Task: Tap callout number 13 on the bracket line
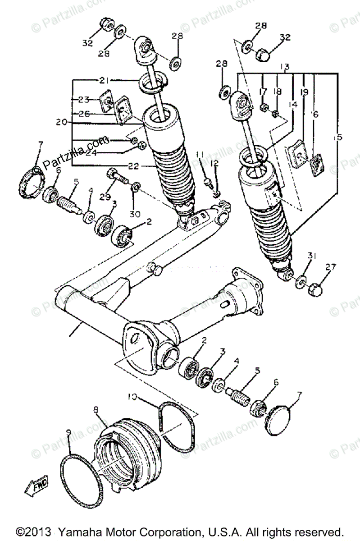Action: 285,66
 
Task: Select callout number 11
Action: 200,154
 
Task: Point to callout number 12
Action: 214,162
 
